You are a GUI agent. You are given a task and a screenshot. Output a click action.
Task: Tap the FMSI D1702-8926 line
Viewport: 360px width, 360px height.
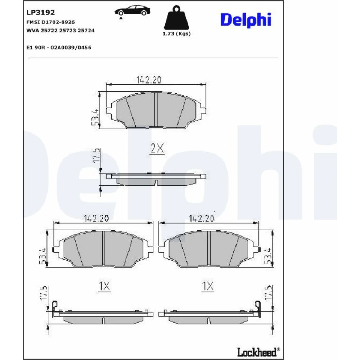[x=50, y=22]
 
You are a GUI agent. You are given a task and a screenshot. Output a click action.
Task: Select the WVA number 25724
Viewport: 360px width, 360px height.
[x=86, y=30]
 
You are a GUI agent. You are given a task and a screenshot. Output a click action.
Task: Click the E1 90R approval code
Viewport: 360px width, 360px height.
[x=59, y=48]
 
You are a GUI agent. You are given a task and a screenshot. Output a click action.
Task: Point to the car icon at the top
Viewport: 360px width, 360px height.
[x=132, y=12]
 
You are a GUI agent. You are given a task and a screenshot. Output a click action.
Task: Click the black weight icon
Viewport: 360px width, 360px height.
[x=176, y=18]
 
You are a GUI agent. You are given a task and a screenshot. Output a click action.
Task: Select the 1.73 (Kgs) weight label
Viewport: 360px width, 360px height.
[x=176, y=33]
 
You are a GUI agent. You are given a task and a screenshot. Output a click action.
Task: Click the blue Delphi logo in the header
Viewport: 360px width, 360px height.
[x=246, y=20]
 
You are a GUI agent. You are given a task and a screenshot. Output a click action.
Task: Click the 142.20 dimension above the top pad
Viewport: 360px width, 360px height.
[x=149, y=80]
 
